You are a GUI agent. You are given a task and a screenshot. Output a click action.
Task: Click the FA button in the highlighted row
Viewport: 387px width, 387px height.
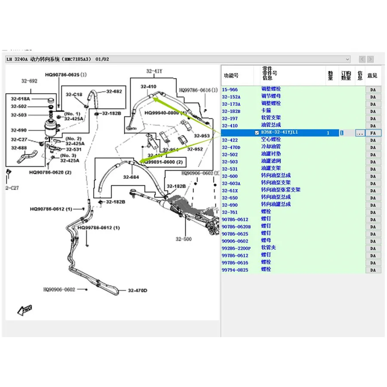click(x=373, y=133)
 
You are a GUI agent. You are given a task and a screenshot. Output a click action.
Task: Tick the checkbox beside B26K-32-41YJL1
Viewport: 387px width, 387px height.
click(x=257, y=133)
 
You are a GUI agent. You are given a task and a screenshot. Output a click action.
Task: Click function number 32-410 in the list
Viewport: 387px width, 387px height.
click(x=230, y=126)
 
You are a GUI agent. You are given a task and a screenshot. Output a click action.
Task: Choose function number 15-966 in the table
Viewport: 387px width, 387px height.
click(x=230, y=89)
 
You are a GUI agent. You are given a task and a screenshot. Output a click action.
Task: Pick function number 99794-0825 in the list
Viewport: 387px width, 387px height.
click(x=235, y=270)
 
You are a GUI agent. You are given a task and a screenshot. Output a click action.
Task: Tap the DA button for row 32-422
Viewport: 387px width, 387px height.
click(x=373, y=140)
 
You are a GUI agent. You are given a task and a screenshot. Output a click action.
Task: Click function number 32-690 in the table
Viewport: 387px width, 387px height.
click(x=230, y=205)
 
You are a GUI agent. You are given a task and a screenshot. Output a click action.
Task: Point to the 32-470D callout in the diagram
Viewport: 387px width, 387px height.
click(x=138, y=291)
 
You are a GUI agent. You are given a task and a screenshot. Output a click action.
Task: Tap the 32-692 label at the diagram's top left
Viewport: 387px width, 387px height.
click(x=30, y=80)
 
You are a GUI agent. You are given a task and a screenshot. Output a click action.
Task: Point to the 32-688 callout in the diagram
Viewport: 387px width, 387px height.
click(x=19, y=148)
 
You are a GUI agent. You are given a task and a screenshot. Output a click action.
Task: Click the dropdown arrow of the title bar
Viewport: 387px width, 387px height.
click(x=348, y=59)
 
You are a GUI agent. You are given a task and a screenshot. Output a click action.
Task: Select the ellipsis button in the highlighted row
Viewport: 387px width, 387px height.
click(x=360, y=133)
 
